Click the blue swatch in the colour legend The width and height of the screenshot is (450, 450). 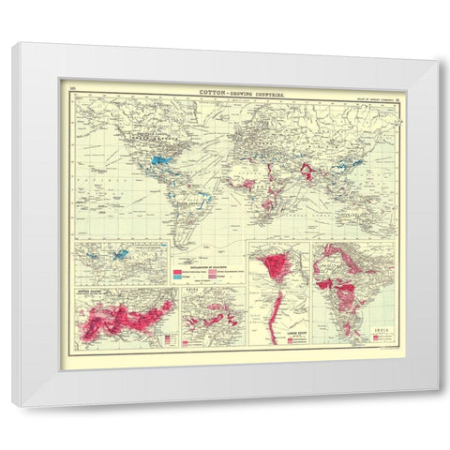(x=178, y=278)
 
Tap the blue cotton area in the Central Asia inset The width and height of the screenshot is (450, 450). (x=119, y=253)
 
